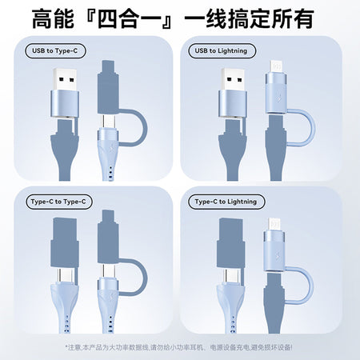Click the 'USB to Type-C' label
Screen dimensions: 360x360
(55, 50)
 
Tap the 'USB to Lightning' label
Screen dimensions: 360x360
(222, 50)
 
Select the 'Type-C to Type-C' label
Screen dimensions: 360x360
(59, 202)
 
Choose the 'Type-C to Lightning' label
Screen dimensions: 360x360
(226, 202)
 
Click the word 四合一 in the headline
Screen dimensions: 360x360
(130, 18)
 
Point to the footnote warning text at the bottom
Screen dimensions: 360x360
(179, 347)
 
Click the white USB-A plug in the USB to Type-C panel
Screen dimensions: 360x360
(65, 79)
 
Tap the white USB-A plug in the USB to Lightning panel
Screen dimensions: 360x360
(233, 79)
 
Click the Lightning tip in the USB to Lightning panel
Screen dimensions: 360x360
(276, 66)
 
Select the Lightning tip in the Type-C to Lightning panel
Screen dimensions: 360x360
(274, 224)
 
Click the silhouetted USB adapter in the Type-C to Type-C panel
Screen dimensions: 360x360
(65, 242)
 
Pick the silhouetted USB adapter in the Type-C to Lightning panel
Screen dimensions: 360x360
(230, 242)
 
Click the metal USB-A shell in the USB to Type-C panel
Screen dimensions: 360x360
(65, 104)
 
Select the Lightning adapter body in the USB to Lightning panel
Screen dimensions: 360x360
(276, 94)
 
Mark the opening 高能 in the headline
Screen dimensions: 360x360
(53, 18)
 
